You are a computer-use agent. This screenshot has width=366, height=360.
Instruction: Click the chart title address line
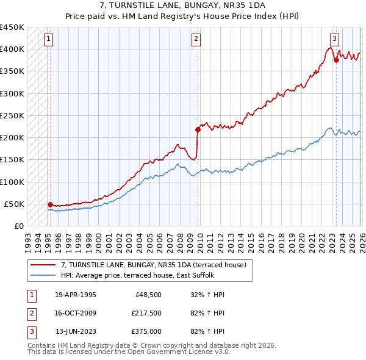(182, 5)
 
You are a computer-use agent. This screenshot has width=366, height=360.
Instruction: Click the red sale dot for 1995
(50, 204)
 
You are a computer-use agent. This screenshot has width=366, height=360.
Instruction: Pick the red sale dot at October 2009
(198, 129)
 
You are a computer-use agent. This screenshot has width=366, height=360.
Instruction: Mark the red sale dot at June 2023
(336, 60)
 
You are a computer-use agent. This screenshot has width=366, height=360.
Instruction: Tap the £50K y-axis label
(15, 204)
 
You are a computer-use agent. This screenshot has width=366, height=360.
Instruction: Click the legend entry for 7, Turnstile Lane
(153, 265)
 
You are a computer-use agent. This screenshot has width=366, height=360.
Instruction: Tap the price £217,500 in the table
(146, 313)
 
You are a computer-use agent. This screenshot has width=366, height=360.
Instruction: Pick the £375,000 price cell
(146, 331)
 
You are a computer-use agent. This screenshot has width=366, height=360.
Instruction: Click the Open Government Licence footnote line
(129, 352)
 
